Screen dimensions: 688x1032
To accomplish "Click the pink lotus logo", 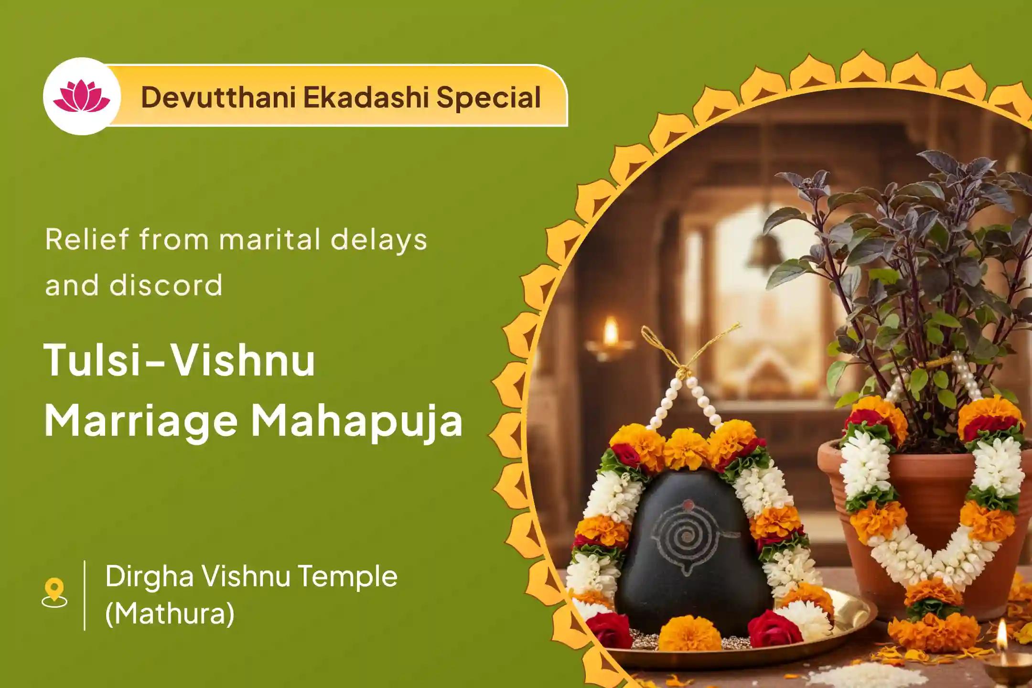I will (x=81, y=96).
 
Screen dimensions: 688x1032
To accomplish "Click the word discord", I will (x=166, y=285).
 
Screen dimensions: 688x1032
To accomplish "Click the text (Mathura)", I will (x=170, y=614).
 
